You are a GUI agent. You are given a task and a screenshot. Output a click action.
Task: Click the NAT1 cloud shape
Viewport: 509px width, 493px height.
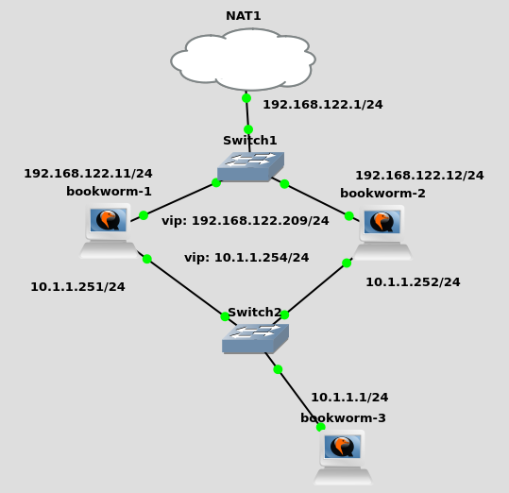pos(243,59)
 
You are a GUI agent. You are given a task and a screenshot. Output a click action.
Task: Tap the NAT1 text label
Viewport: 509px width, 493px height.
pos(244,16)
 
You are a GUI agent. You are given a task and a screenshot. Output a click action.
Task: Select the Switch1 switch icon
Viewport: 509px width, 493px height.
pos(250,166)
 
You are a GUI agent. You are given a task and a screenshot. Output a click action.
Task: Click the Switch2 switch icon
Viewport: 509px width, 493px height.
pos(255,338)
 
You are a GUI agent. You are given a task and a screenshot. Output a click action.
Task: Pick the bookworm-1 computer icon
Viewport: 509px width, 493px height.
pos(109,230)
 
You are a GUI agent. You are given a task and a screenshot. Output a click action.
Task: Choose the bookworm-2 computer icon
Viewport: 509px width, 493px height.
pos(382,232)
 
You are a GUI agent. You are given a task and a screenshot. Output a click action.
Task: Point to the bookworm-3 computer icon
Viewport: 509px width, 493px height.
pos(343,458)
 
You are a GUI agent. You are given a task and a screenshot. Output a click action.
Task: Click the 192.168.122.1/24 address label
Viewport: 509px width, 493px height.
pos(323,105)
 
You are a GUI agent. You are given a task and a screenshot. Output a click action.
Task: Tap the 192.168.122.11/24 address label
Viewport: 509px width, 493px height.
pos(89,174)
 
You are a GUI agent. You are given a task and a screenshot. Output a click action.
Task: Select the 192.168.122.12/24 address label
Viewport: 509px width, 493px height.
pos(419,176)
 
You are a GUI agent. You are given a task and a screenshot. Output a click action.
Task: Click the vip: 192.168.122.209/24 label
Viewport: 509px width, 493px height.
pos(246,221)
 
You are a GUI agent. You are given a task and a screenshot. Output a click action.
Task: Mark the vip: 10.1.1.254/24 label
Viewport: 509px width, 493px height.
pos(246,258)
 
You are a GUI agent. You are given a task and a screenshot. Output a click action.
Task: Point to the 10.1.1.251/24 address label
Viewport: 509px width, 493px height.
pos(77,287)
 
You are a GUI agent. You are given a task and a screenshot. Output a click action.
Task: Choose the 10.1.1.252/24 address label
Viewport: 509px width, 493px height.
pos(413,282)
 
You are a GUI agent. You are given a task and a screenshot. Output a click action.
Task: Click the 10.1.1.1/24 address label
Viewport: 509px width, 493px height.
pos(349,398)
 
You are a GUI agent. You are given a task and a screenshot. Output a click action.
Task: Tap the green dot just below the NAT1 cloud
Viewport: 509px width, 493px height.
pos(246,98)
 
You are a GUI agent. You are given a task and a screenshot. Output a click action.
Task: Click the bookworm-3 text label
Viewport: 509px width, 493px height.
pos(343,417)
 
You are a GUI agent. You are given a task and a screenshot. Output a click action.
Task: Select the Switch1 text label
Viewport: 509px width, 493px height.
pos(250,141)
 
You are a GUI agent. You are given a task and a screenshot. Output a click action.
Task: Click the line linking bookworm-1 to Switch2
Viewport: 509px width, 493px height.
pos(187,288)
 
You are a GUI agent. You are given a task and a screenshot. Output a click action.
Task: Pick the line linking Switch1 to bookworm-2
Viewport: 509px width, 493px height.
pos(315,200)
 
